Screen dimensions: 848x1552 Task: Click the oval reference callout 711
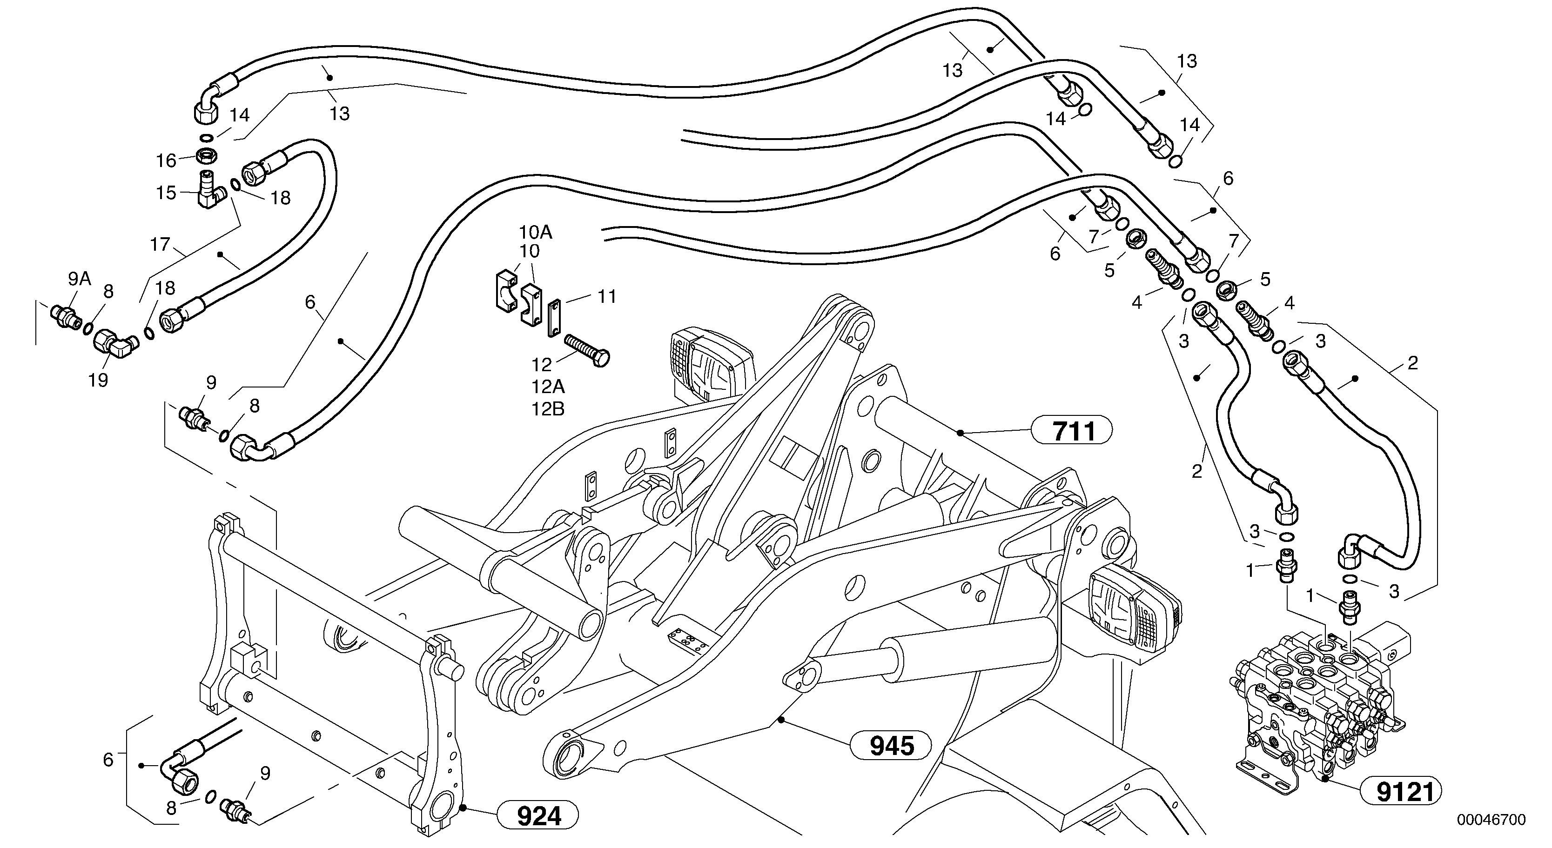pyautogui.click(x=1072, y=430)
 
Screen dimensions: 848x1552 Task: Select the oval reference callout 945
pyautogui.click(x=890, y=746)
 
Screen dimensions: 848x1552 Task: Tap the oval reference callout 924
pyautogui.click(x=538, y=816)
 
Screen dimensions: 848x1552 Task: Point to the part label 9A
pyautogui.click(x=79, y=278)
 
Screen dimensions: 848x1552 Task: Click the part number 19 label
pyautogui.click(x=98, y=380)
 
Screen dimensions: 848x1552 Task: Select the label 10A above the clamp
pyautogui.click(x=536, y=232)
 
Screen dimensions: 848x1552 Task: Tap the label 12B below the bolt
pyautogui.click(x=547, y=409)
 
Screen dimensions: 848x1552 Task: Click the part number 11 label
pyautogui.click(x=607, y=296)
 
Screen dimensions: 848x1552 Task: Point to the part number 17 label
pyautogui.click(x=160, y=245)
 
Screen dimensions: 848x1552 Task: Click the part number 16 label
pyautogui.click(x=166, y=161)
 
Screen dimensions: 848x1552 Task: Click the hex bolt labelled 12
pyautogui.click(x=587, y=349)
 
